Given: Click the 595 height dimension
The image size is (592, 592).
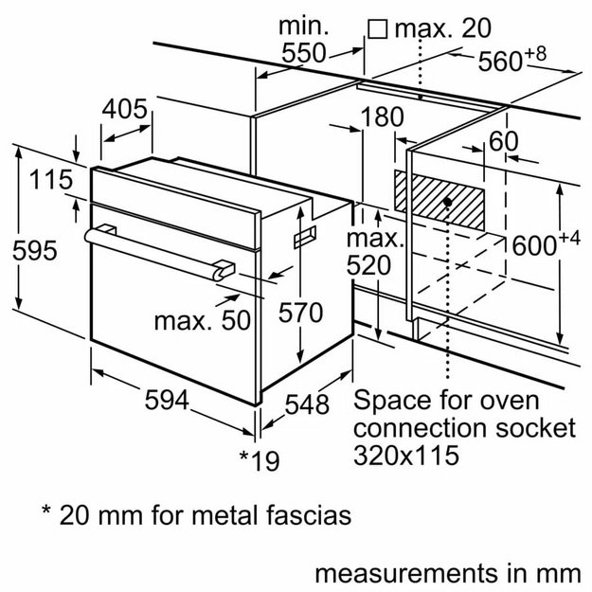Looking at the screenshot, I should coord(34,251).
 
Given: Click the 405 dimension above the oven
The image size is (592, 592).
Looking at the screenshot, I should coord(125,110).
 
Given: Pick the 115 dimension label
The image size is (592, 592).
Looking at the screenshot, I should coord(50,180).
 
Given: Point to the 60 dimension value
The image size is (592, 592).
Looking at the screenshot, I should coord(503,142).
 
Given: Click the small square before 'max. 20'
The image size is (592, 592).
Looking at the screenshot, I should coord(377,28).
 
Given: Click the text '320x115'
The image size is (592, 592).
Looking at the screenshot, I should coord(406,455).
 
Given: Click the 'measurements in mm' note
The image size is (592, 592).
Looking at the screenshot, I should coord(445,573).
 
